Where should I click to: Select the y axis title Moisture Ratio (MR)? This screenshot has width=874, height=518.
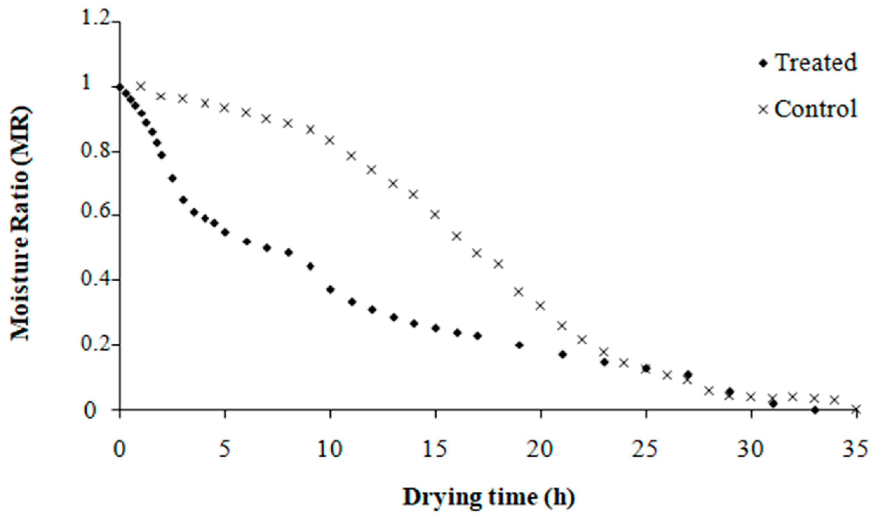tap(22, 224)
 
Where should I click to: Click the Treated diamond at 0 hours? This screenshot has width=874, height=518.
tap(120, 87)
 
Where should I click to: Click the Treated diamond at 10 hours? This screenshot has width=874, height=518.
tap(330, 290)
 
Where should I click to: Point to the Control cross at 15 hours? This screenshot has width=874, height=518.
tap(435, 215)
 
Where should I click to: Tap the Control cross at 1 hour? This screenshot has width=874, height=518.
tap(141, 86)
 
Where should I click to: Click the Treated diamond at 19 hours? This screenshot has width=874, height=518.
tap(519, 345)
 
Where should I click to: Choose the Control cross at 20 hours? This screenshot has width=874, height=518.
tap(540, 306)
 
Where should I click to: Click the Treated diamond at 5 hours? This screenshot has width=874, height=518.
tap(225, 233)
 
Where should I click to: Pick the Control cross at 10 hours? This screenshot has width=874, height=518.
tap(330, 141)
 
